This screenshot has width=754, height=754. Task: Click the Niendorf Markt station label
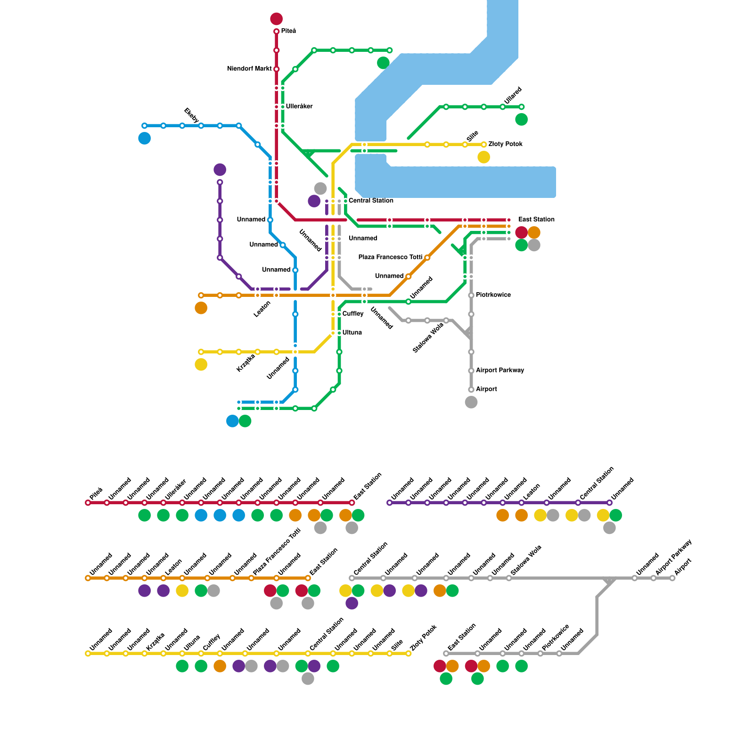click(249, 69)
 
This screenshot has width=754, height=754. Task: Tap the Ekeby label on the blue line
click(191, 115)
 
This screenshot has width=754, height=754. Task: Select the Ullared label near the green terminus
click(513, 96)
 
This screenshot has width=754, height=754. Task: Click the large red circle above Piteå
click(276, 19)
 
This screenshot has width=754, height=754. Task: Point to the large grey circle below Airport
click(471, 402)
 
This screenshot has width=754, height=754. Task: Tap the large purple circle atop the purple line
click(220, 170)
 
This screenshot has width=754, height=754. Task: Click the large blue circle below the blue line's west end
click(144, 139)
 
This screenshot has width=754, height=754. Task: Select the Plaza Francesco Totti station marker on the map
click(427, 258)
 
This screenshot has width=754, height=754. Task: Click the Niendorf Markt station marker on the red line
click(276, 69)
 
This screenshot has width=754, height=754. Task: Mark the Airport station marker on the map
click(471, 390)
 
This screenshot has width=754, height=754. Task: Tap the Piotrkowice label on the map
click(493, 295)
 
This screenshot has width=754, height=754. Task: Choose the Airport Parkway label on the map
click(500, 370)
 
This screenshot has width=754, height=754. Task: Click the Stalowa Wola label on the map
click(428, 338)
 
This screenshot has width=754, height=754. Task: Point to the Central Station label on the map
click(371, 201)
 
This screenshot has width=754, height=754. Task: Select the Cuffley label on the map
click(352, 314)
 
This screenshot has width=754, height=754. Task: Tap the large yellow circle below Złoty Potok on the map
click(484, 157)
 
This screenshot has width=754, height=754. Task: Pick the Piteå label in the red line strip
click(96, 494)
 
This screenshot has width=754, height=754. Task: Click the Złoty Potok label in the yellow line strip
click(424, 638)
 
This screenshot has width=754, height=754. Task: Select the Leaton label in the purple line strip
click(531, 492)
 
